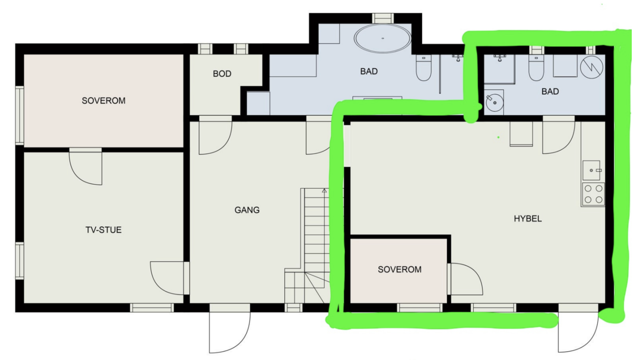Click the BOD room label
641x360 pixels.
pos(222,74)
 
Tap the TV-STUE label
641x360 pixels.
pos(103,230)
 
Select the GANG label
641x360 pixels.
pos(247,210)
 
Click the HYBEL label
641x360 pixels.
pos(528,219)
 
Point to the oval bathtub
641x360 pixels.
pos(383,39)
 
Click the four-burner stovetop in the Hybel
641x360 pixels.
pos(593,194)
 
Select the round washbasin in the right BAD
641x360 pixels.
pos(495,103)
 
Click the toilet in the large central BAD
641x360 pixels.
pos(423,68)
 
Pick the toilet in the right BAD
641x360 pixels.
pos(536,68)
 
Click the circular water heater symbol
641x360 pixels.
pos(592,67)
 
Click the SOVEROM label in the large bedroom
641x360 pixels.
pos(103,101)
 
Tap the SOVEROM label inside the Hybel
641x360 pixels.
pos(399,269)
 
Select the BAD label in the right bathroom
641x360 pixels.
pos(550,91)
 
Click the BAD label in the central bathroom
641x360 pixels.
pos(369,71)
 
